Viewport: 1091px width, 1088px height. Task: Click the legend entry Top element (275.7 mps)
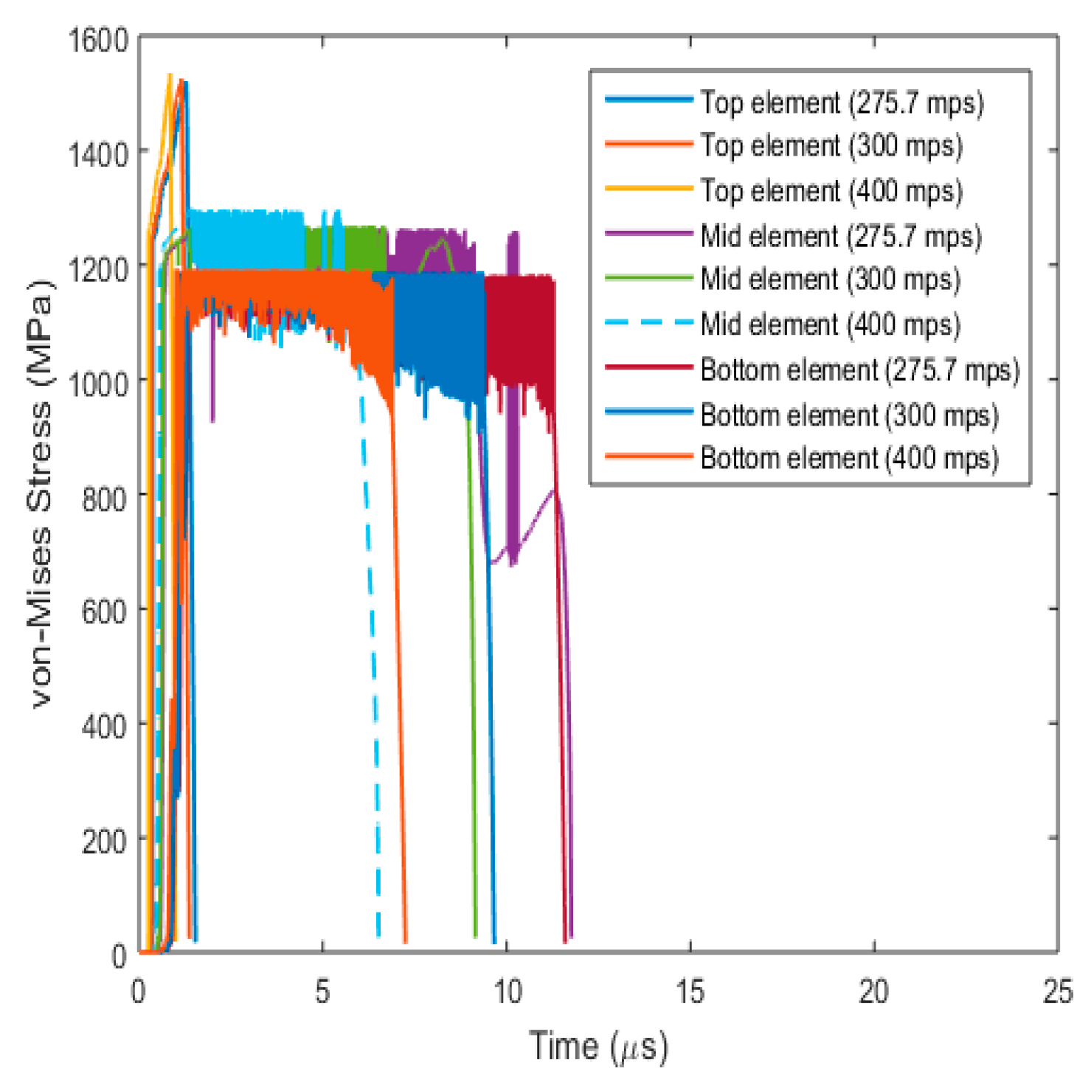pyautogui.click(x=841, y=103)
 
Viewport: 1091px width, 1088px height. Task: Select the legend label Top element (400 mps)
pyautogui.click(x=831, y=190)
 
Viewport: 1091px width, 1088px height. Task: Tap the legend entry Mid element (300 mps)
pyautogui.click(x=830, y=280)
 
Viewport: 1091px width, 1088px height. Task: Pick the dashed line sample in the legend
pyautogui.click(x=648, y=323)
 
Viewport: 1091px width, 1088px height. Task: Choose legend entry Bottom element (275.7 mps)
pyautogui.click(x=859, y=369)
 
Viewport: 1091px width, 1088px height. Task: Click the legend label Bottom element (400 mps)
pyautogui.click(x=848, y=458)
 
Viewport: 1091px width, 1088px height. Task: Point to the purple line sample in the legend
pyautogui.click(x=648, y=235)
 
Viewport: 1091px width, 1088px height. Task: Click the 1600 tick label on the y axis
pyautogui.click(x=98, y=40)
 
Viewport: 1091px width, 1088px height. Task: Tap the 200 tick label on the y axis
pyautogui.click(x=104, y=840)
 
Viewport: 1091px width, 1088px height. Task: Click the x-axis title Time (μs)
pyautogui.click(x=598, y=1046)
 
